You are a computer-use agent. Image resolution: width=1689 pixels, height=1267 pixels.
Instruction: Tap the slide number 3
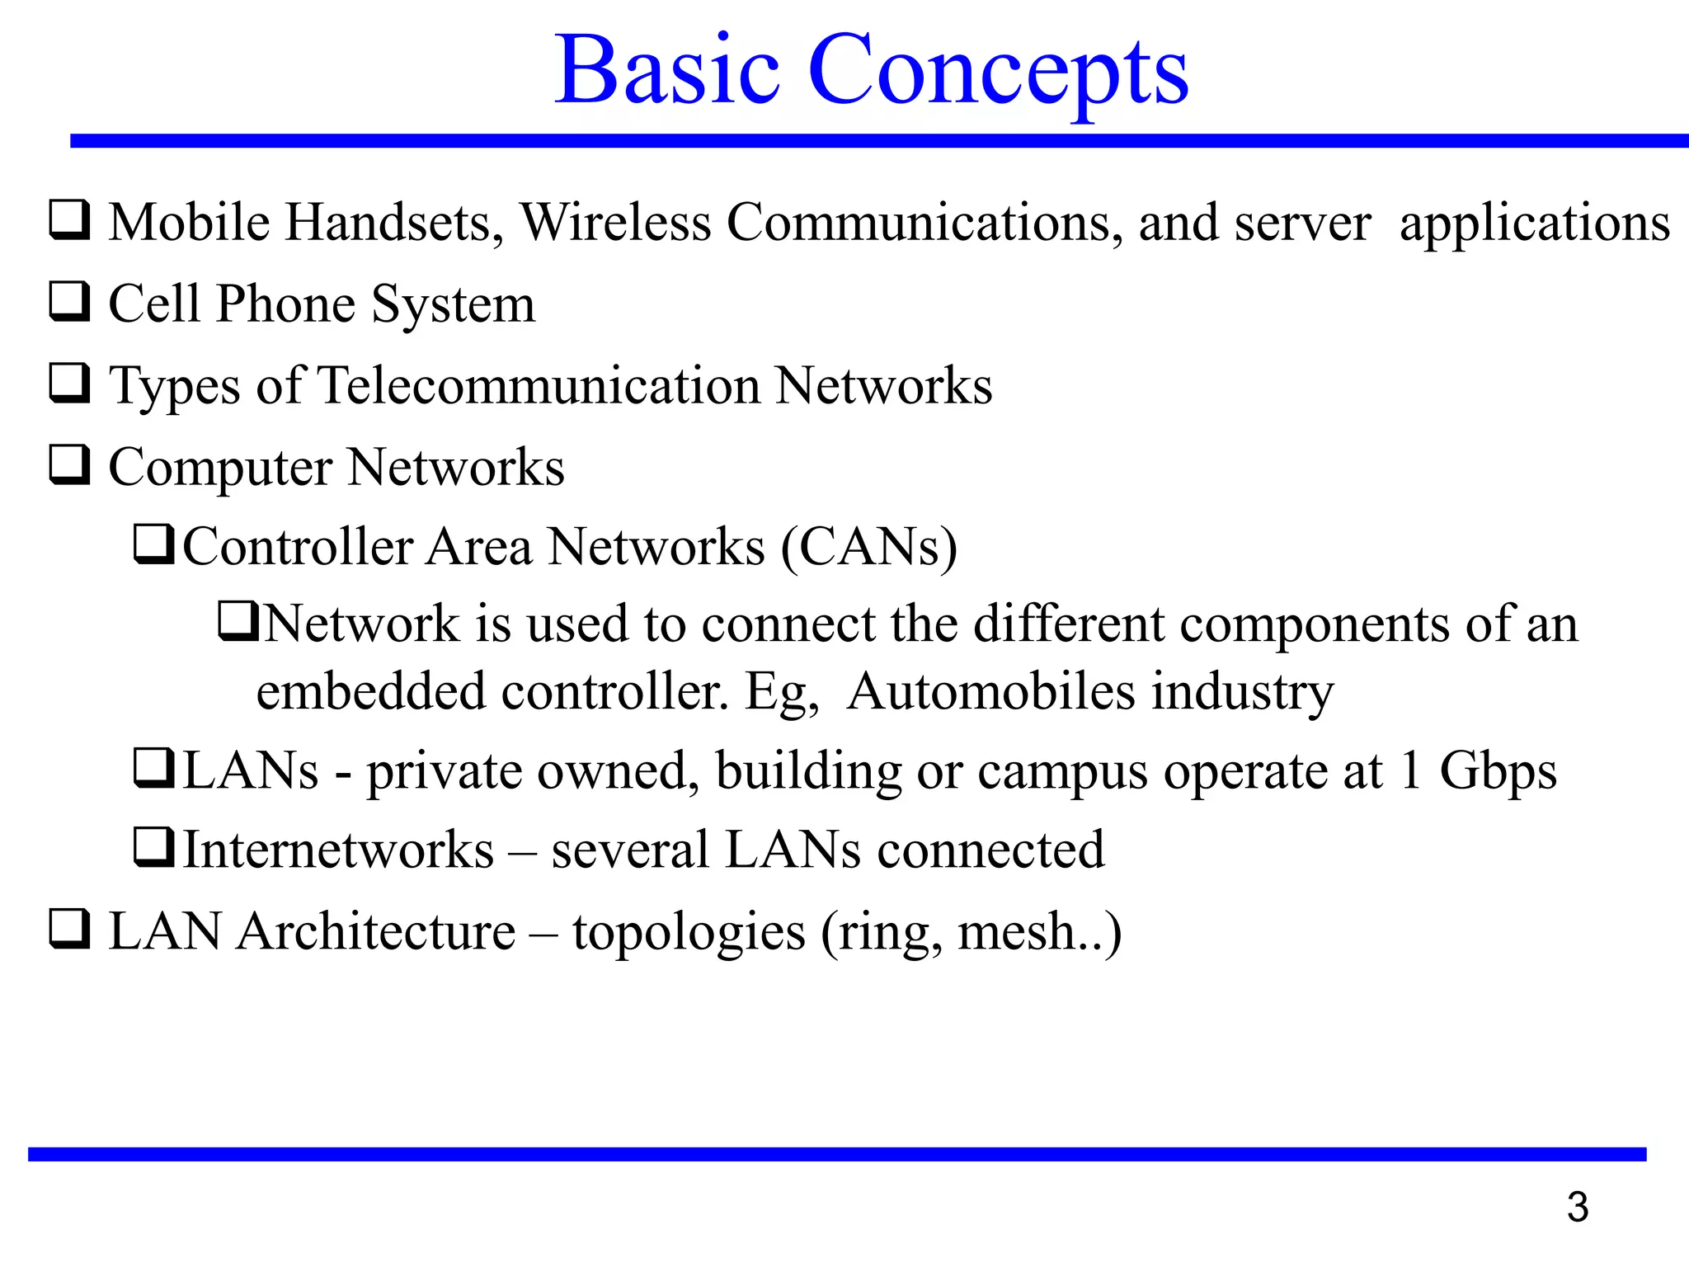pos(1577,1208)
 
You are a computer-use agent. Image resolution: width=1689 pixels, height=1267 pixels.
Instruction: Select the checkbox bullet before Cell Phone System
pos(69,302)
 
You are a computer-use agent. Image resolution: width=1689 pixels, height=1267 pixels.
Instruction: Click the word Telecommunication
pos(539,385)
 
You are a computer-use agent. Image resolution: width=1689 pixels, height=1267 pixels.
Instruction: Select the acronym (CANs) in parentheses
pos(868,547)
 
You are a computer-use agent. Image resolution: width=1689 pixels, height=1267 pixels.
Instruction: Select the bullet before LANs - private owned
pos(153,768)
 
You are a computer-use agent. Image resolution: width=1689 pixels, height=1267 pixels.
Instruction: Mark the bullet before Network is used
pos(238,622)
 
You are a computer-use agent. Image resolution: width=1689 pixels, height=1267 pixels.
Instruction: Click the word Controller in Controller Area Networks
pos(297,547)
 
